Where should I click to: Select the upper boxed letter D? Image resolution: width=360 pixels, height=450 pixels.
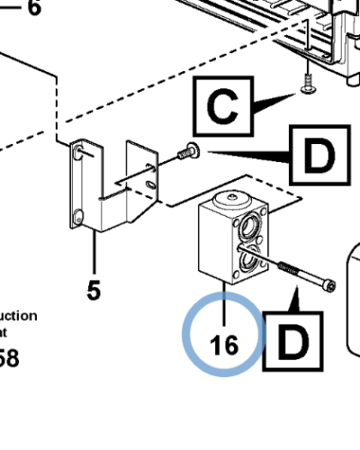tap(317, 157)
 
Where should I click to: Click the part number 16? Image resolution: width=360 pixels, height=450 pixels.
tap(223, 345)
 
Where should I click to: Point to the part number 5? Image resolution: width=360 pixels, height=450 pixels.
tap(94, 290)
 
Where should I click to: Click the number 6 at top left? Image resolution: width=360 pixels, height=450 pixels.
tap(33, 9)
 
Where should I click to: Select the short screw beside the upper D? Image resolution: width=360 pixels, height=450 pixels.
tap(188, 152)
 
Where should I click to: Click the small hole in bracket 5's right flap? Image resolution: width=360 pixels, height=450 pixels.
tap(150, 185)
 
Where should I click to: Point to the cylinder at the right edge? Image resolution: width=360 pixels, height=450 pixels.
tap(353, 297)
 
